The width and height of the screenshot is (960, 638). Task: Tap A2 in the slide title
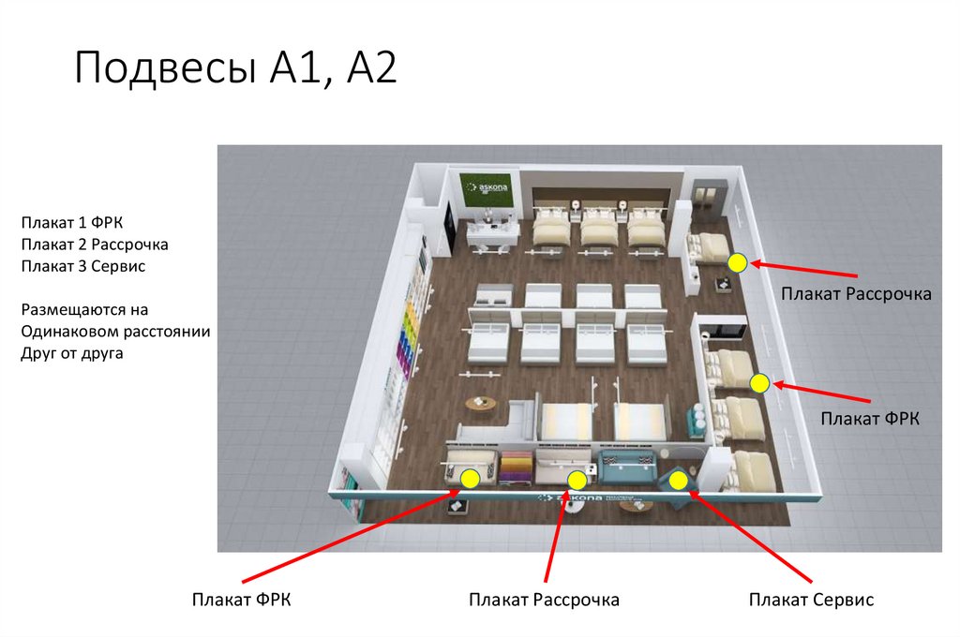click(x=367, y=70)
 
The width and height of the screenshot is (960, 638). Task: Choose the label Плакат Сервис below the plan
click(x=811, y=600)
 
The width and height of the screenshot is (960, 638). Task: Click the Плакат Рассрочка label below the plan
click(x=545, y=600)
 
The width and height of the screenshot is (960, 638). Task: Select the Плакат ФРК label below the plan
click(x=242, y=600)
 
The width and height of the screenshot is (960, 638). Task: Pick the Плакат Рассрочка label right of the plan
click(x=856, y=294)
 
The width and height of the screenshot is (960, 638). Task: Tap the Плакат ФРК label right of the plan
click(x=870, y=417)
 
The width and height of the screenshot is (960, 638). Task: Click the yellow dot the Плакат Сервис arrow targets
click(x=680, y=481)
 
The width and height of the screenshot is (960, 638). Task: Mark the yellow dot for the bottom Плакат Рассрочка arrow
click(x=577, y=481)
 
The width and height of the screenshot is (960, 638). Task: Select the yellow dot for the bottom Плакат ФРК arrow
click(x=470, y=479)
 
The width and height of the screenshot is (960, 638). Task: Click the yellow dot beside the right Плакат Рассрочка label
click(x=738, y=263)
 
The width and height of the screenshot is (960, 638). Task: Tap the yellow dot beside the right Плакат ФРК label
click(x=759, y=382)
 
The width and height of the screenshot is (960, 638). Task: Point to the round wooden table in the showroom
click(x=480, y=404)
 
